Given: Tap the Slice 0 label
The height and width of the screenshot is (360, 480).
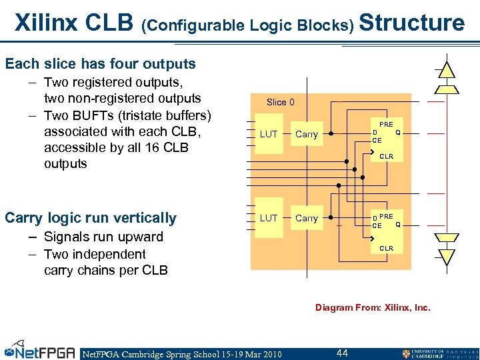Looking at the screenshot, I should click(280, 102).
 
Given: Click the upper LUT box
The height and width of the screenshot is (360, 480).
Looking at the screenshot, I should click(269, 134).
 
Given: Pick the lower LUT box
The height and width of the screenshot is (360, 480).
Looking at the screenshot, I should click(269, 218).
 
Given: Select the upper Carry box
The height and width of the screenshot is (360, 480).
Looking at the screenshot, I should click(307, 134).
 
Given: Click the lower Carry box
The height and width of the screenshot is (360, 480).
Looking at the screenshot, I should click(307, 218).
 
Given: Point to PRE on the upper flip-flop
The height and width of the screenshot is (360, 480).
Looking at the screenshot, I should click(386, 125).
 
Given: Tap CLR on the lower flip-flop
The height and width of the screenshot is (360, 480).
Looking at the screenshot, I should click(386, 249).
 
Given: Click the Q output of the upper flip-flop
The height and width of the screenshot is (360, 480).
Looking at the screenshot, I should click(398, 132).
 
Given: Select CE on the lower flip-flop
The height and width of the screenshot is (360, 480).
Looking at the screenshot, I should click(377, 226).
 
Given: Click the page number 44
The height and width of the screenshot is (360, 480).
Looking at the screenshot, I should click(342, 353).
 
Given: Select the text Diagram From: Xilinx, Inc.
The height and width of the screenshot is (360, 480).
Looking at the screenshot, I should click(373, 307).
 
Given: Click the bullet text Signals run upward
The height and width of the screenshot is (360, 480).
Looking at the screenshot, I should click(103, 237).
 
